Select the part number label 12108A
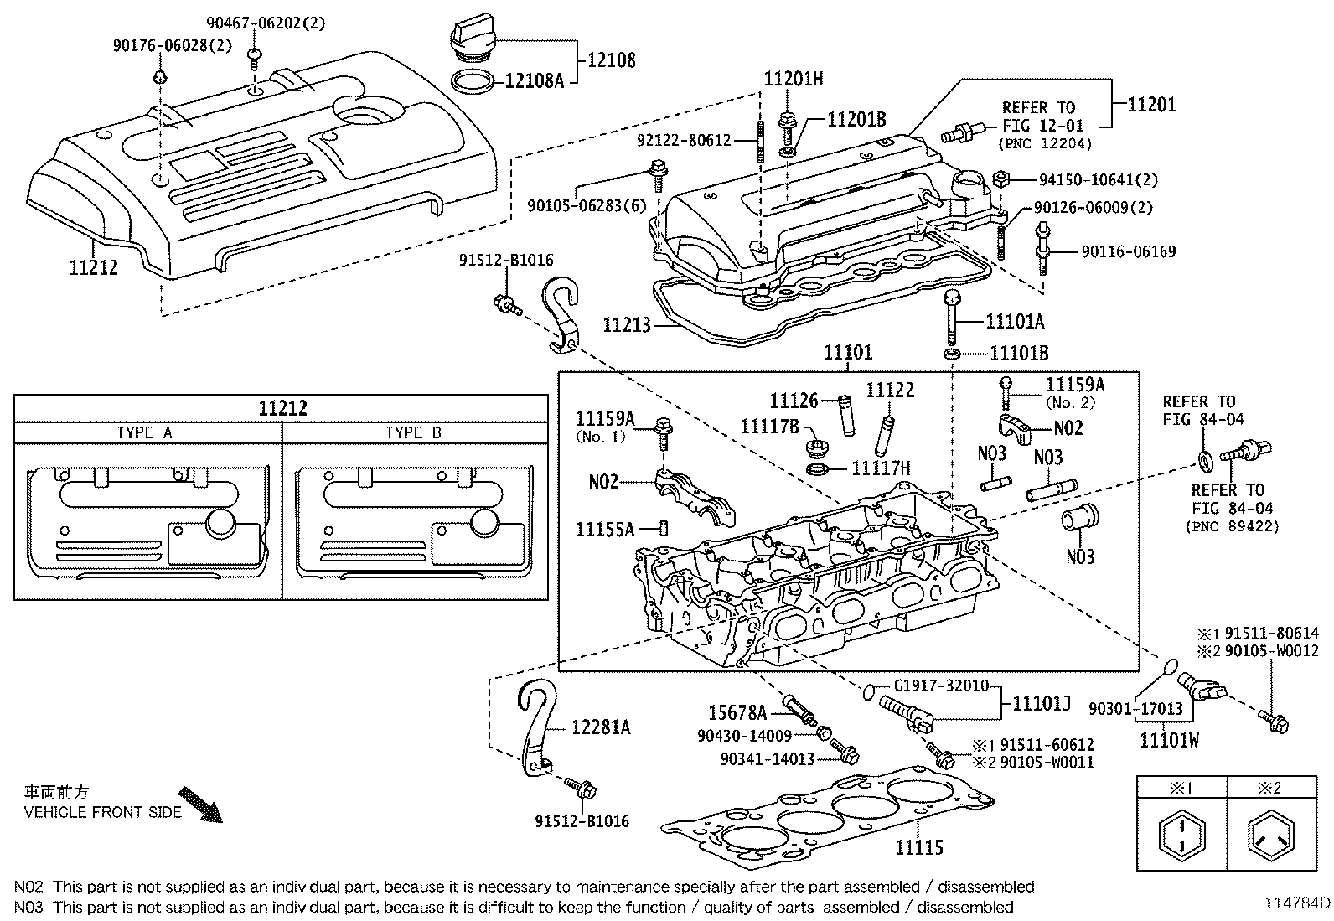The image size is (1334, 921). (x=535, y=82)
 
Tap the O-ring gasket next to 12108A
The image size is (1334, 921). (x=473, y=81)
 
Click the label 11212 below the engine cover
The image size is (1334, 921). (x=93, y=268)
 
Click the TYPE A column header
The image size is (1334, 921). (x=144, y=432)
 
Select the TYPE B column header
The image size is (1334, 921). (x=413, y=432)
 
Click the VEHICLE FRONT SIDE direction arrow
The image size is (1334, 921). (x=202, y=804)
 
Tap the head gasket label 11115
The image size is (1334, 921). (x=918, y=848)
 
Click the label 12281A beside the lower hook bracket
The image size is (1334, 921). (x=601, y=727)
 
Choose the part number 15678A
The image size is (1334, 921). (x=737, y=713)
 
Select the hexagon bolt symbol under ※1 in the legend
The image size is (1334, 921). (x=1181, y=836)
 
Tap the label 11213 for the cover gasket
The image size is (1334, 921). (x=627, y=323)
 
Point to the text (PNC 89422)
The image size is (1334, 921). (x=1232, y=526)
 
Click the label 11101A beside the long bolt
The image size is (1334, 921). (x=1015, y=322)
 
